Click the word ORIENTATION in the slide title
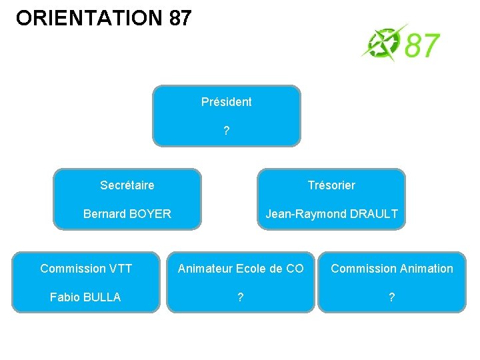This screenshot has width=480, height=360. click(89, 18)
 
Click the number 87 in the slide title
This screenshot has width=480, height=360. click(180, 18)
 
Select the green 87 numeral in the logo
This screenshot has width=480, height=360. click(422, 46)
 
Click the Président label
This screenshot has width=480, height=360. click(227, 102)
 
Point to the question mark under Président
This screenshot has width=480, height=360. click(227, 131)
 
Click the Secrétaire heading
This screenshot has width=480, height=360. click(127, 185)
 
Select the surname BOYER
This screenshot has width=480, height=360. click(149, 214)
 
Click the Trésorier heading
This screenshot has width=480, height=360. click(331, 185)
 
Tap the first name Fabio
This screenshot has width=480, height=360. click(65, 297)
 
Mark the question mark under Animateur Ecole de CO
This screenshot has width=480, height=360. click(240, 297)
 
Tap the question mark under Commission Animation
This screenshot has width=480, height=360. click(391, 297)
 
